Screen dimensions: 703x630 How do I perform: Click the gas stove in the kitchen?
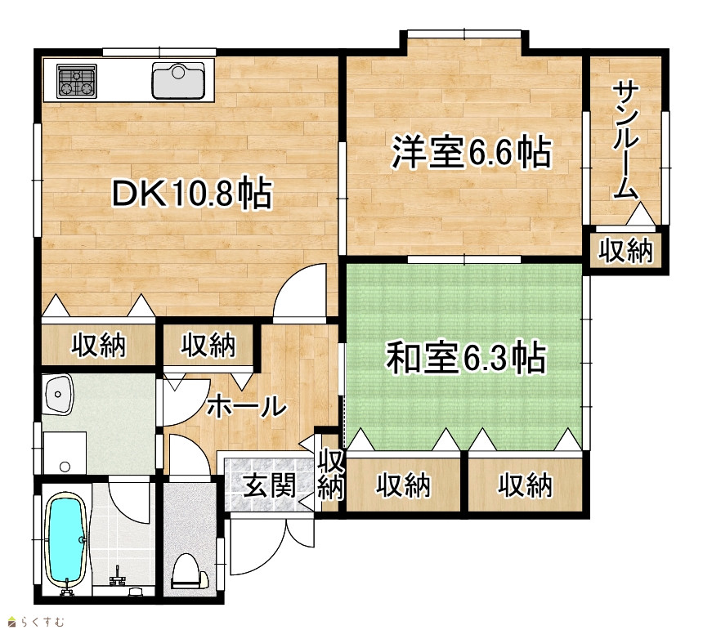pyautogui.click(x=77, y=81)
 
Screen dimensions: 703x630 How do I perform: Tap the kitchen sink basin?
pyautogui.click(x=178, y=80)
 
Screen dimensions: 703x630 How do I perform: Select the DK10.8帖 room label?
pyautogui.click(x=192, y=193)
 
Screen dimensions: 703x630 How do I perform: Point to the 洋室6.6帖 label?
pyautogui.click(x=471, y=152)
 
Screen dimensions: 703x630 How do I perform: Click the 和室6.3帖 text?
pyautogui.click(x=466, y=358)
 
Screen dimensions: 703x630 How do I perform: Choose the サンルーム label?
pyautogui.click(x=626, y=140)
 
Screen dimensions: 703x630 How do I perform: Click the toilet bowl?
pyautogui.click(x=187, y=571)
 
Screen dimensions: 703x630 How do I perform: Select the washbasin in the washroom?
pyautogui.click(x=57, y=395)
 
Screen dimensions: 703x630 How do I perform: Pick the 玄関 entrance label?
pyautogui.click(x=270, y=485)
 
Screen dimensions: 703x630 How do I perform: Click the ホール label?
pyautogui.click(x=246, y=406)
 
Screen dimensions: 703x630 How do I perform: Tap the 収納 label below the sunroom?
pyautogui.click(x=626, y=251)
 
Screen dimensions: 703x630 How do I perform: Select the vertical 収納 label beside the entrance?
pyautogui.click(x=330, y=474)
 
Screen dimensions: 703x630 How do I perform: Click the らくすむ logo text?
pyautogui.click(x=43, y=622)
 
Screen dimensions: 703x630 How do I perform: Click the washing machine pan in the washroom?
pyautogui.click(x=65, y=453)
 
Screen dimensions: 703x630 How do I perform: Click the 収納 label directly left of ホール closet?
pyautogui.click(x=99, y=345)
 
